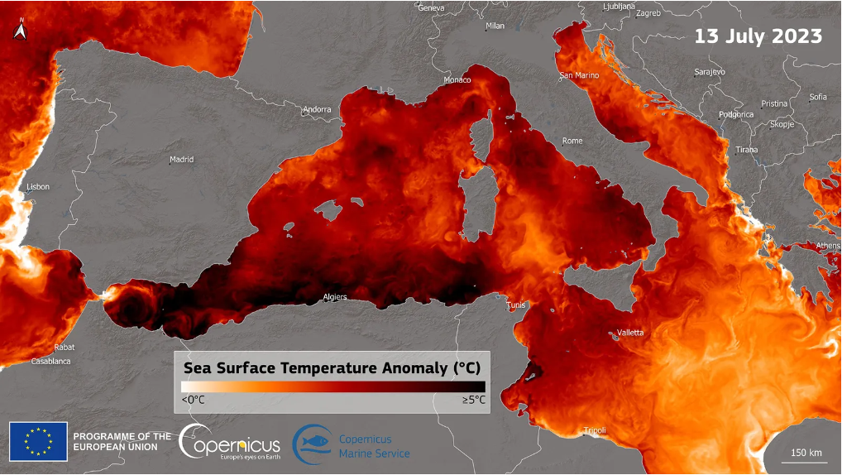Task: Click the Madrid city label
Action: click(181, 159)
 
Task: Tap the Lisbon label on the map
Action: click(38, 187)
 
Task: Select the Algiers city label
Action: click(334, 297)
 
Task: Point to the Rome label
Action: click(572, 141)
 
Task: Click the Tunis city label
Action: click(516, 305)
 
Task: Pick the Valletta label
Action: click(629, 333)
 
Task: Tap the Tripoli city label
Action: click(595, 430)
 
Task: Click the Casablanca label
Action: click(50, 362)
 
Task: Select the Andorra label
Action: click(317, 109)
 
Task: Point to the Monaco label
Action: click(457, 80)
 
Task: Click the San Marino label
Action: click(579, 75)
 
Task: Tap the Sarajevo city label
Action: click(710, 72)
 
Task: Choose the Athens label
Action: click(828, 246)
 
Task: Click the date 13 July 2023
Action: click(758, 36)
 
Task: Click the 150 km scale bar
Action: click(806, 454)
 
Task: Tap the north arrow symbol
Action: click(21, 31)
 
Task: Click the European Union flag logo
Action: click(38, 441)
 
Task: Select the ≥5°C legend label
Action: click(473, 401)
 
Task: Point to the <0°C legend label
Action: click(193, 401)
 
